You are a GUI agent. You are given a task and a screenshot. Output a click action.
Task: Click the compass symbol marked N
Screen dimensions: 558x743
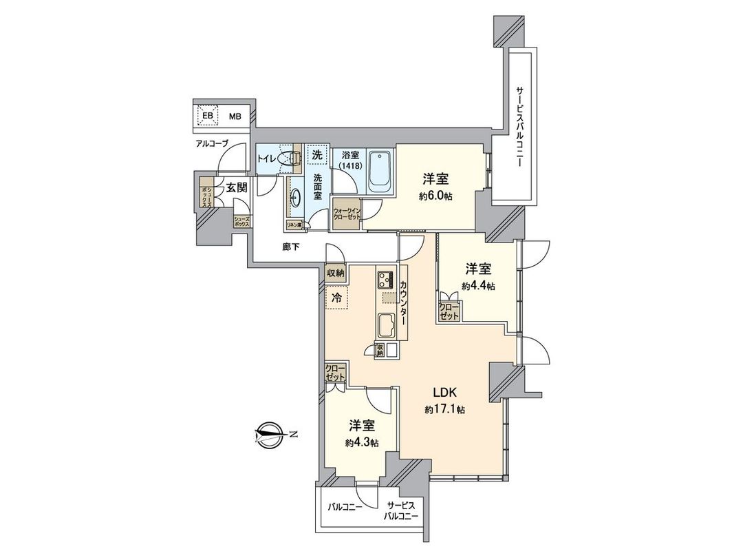[269, 433]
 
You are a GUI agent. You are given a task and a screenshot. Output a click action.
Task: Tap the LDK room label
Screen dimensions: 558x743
[444, 392]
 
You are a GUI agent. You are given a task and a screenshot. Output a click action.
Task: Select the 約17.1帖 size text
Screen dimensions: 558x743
[444, 409]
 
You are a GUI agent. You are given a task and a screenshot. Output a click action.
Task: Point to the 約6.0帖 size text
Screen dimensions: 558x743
[435, 196]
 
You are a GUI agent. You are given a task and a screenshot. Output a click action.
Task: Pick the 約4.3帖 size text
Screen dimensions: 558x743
[362, 442]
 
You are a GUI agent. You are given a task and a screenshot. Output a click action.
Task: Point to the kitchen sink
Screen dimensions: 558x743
[385, 324]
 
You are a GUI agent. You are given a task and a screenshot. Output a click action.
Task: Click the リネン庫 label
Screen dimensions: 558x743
[294, 224]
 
